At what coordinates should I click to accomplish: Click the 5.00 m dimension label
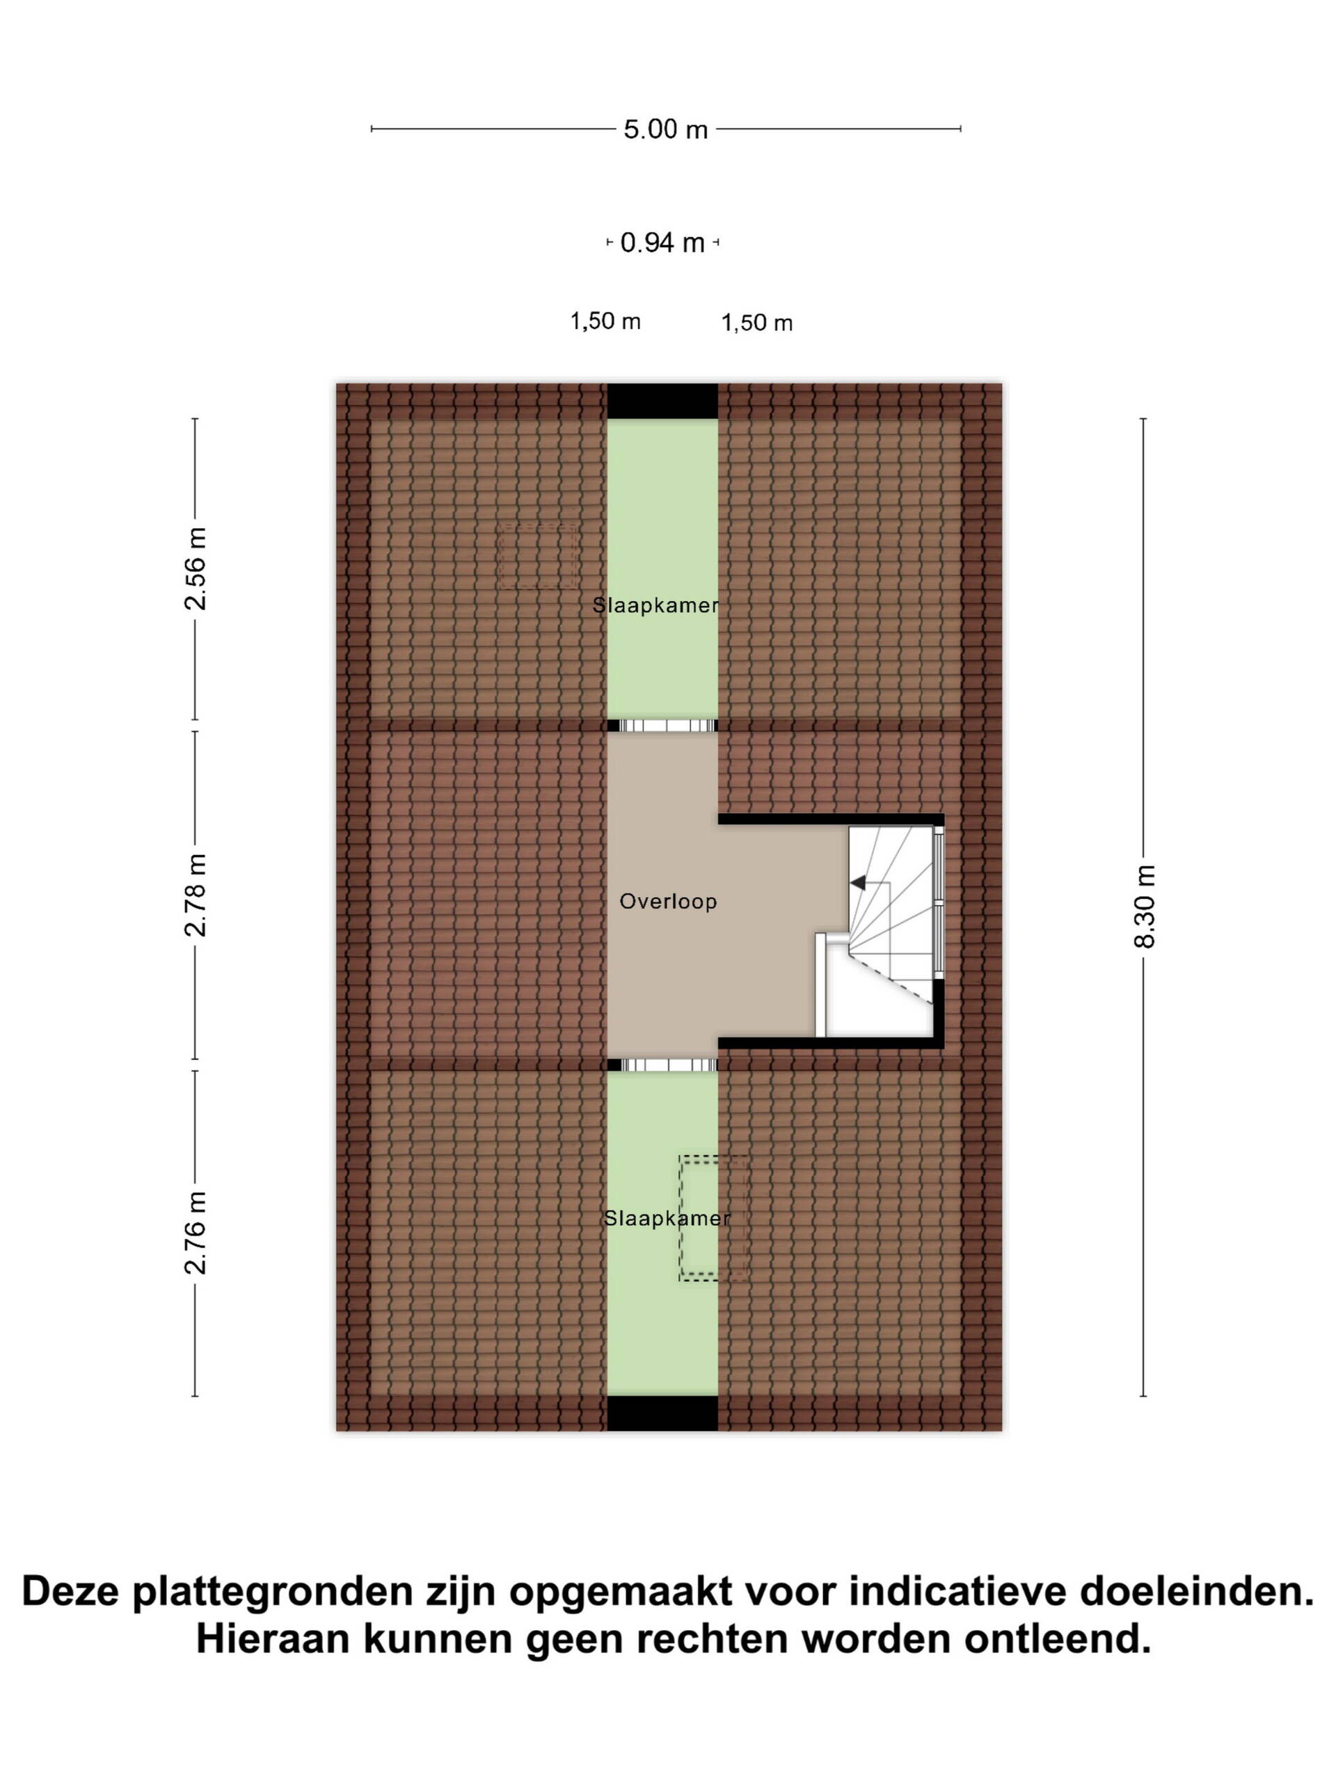(x=665, y=129)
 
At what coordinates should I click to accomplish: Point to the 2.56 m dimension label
(x=195, y=568)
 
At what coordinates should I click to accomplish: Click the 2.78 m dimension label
(x=195, y=895)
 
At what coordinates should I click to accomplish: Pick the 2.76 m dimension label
(x=195, y=1233)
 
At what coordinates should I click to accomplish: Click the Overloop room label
(x=667, y=901)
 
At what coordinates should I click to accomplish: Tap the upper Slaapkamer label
(x=655, y=605)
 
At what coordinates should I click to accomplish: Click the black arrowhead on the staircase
(x=859, y=882)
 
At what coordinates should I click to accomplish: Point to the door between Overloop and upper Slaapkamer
(x=662, y=726)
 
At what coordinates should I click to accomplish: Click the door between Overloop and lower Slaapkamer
(x=662, y=1065)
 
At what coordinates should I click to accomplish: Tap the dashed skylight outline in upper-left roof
(x=538, y=556)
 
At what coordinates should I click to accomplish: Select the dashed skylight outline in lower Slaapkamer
(x=712, y=1217)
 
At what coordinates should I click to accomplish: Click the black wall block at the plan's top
(x=662, y=401)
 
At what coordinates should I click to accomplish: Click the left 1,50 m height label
(x=605, y=321)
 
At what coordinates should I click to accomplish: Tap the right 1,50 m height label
(x=757, y=323)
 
